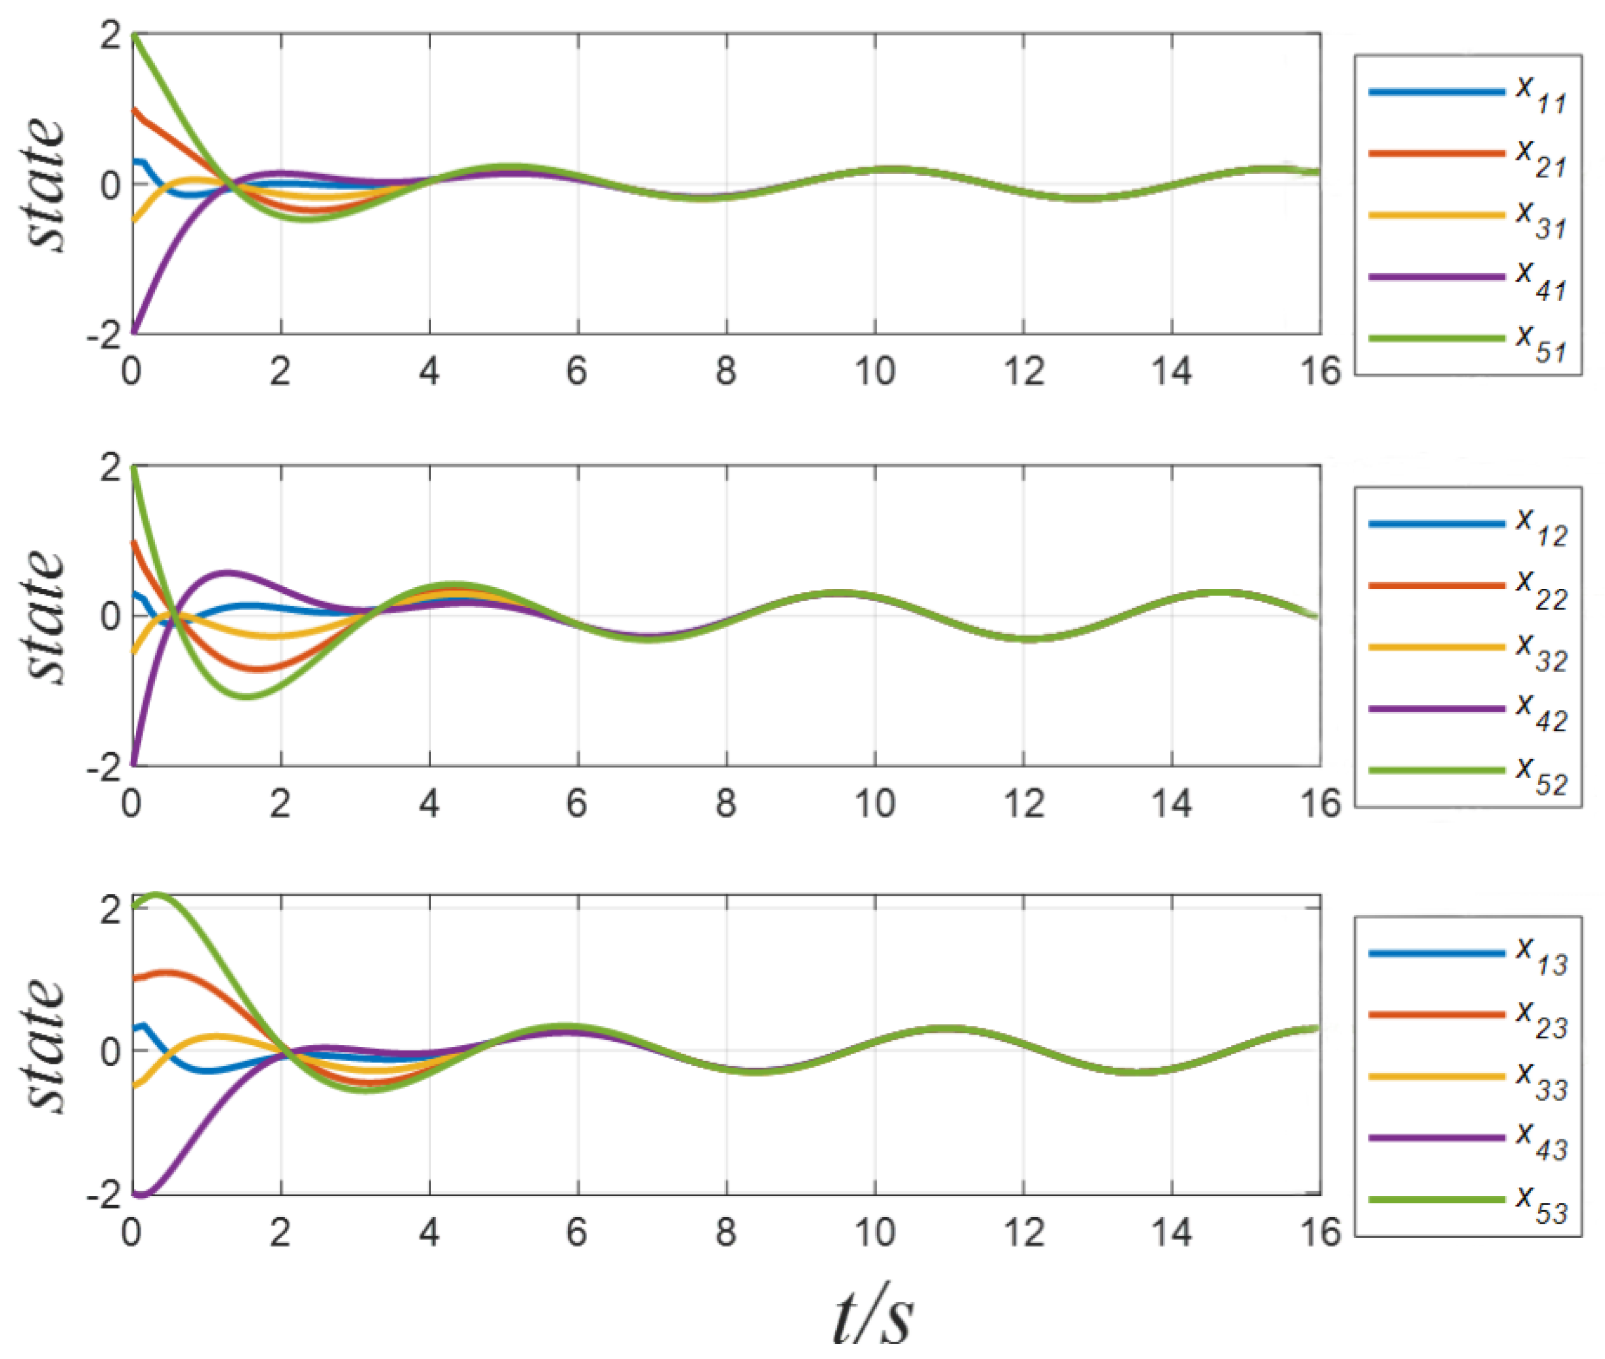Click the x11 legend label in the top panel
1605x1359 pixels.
coord(1540,95)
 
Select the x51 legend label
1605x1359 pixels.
coord(1540,343)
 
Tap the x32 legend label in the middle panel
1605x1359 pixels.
coord(1540,652)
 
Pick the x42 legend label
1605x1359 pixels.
coord(1540,713)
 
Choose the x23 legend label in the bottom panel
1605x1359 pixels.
coord(1540,1019)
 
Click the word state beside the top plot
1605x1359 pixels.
coord(46,185)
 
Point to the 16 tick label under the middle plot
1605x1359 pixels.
coord(1320,803)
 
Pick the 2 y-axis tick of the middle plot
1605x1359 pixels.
coord(110,468)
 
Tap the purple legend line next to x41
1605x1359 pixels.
coord(1436,277)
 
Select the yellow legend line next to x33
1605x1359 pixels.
coord(1436,1076)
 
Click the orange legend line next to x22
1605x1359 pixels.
coord(1436,585)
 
